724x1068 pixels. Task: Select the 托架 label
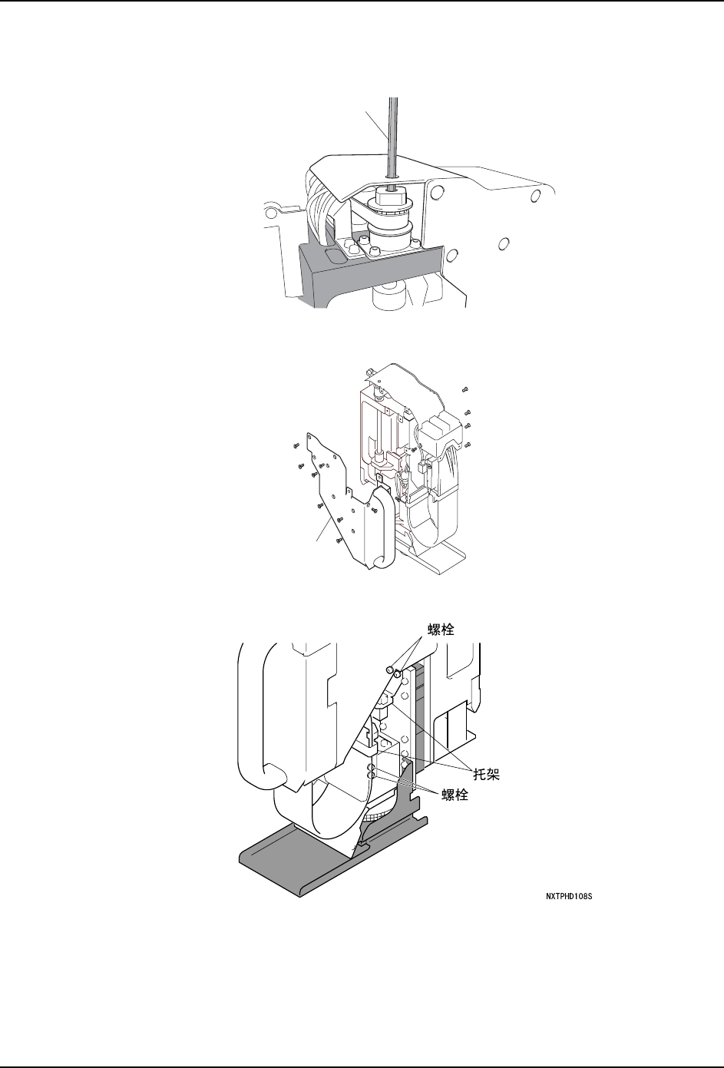coord(484,775)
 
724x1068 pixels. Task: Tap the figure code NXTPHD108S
coord(567,896)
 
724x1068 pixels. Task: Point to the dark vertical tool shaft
coord(393,138)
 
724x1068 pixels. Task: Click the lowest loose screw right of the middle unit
coord(468,444)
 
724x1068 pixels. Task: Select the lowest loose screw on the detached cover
coord(339,540)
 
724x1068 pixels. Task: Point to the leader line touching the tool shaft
coord(376,123)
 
